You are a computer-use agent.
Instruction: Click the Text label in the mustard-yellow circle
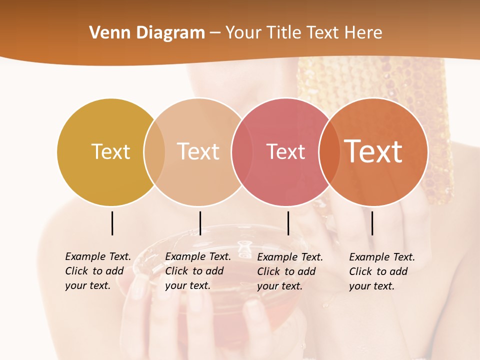[110, 151]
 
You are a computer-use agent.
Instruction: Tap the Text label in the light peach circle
[198, 151]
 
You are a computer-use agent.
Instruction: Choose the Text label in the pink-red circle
[285, 151]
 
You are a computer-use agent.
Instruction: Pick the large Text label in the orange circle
[373, 151]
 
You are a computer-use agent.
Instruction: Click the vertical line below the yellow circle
[112, 223]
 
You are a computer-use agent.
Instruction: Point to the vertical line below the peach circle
[200, 223]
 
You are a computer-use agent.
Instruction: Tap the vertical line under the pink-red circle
[288, 223]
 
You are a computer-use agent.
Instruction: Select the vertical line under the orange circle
[372, 223]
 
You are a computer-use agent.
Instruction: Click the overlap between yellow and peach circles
[154, 152]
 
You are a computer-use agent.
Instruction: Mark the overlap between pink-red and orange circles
[329, 152]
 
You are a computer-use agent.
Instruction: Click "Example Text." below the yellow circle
[98, 256]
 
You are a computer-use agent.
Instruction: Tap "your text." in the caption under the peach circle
[187, 285]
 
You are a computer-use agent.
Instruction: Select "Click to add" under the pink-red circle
[286, 271]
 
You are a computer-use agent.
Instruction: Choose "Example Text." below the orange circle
[382, 257]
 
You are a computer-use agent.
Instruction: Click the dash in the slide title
[215, 33]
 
